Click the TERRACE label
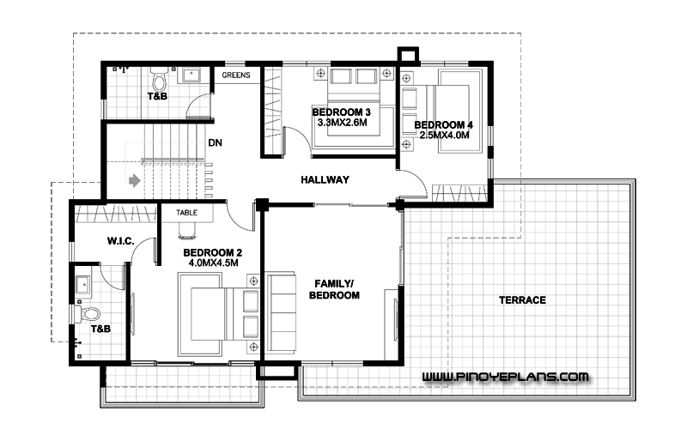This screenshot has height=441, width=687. [x=522, y=300]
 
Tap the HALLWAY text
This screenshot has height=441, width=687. [x=325, y=179]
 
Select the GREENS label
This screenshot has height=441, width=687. [x=235, y=76]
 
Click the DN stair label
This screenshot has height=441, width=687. [x=216, y=142]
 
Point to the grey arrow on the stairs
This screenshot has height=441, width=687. [x=135, y=180]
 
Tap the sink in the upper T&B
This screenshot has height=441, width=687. [x=191, y=76]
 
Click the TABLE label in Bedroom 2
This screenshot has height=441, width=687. [x=186, y=213]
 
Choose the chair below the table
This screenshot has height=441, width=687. [x=187, y=231]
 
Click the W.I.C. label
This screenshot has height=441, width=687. [x=120, y=241]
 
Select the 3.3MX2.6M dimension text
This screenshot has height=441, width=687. [x=342, y=123]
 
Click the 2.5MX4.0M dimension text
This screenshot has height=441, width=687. [x=444, y=136]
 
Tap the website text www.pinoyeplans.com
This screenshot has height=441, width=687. [x=505, y=377]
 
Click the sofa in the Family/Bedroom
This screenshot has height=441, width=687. [x=281, y=311]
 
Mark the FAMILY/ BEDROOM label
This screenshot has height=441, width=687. [x=334, y=289]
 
